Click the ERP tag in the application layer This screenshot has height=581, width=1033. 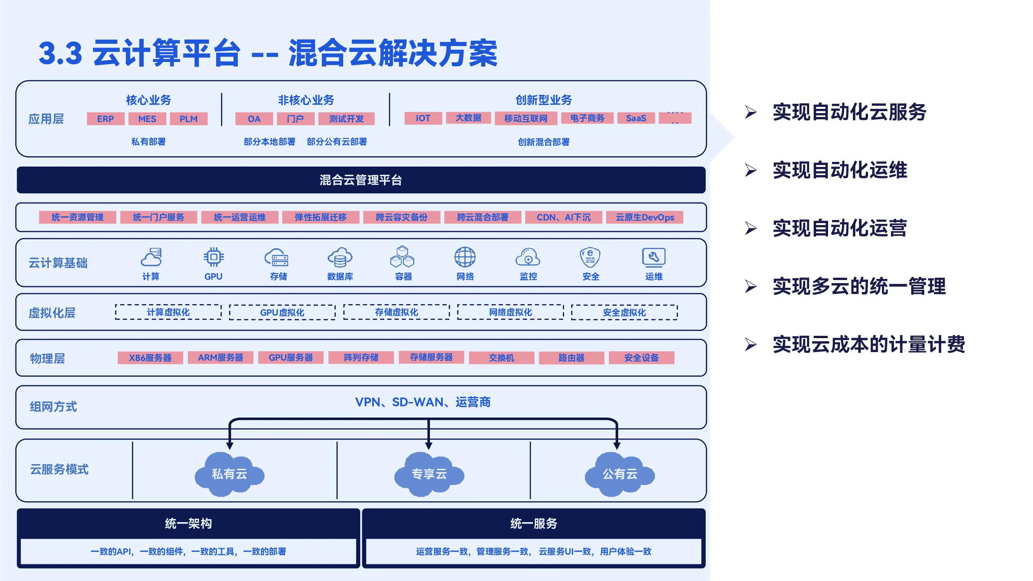pyautogui.click(x=105, y=119)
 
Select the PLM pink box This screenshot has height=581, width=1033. pyautogui.click(x=189, y=119)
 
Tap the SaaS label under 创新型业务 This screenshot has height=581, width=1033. pyautogui.click(x=636, y=118)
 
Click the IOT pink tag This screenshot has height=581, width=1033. pyautogui.click(x=423, y=118)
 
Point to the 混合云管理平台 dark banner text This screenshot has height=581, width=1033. pyautogui.click(x=361, y=180)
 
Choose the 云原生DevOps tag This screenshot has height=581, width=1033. pyautogui.click(x=645, y=217)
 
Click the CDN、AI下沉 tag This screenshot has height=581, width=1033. pyautogui.click(x=564, y=217)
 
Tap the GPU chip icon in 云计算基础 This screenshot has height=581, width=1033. pyautogui.click(x=213, y=257)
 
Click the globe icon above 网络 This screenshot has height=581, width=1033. pyautogui.click(x=465, y=257)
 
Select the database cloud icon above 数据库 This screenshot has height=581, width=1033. pyautogui.click(x=340, y=257)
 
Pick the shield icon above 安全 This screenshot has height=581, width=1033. pyautogui.click(x=590, y=257)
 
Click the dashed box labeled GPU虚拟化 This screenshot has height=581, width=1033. pyautogui.click(x=282, y=312)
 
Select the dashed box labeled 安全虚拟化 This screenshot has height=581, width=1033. pyautogui.click(x=624, y=312)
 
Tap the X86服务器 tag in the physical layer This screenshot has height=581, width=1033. pyautogui.click(x=150, y=358)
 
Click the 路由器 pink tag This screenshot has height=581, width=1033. pyautogui.click(x=571, y=358)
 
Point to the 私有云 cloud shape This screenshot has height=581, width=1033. pyautogui.click(x=229, y=474)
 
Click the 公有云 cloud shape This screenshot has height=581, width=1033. pyautogui.click(x=620, y=474)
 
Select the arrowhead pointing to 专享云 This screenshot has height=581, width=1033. pyautogui.click(x=429, y=445)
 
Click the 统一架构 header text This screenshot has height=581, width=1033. pyautogui.click(x=189, y=523)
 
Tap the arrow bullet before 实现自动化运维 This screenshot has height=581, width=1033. pyautogui.click(x=751, y=170)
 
